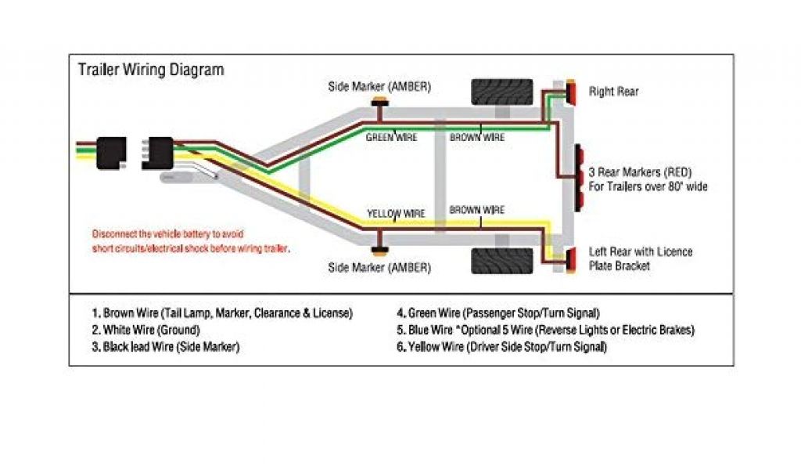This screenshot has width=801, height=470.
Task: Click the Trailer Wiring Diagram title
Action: pyautogui.click(x=150, y=70)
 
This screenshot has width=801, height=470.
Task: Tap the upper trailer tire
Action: pyautogui.click(x=501, y=92)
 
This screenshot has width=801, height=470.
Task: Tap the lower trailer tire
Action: pyautogui.click(x=501, y=260)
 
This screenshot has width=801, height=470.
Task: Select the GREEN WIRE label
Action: pyautogui.click(x=392, y=137)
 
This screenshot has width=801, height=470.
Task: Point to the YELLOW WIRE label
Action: pyautogui.click(x=396, y=213)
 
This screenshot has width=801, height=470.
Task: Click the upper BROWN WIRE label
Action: pyautogui.click(x=477, y=137)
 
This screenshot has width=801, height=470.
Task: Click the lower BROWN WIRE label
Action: pyautogui.click(x=477, y=210)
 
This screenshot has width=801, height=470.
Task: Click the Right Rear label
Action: pyautogui.click(x=613, y=92)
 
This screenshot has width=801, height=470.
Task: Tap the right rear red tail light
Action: pyautogui.click(x=572, y=92)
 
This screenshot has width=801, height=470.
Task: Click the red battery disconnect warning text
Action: pyautogui.click(x=191, y=240)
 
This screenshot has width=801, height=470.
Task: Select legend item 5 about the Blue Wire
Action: pyautogui.click(x=545, y=330)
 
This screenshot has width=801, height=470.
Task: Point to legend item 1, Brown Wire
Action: pyautogui.click(x=221, y=313)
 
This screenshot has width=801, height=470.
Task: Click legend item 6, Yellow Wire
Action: pyautogui.click(x=501, y=346)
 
